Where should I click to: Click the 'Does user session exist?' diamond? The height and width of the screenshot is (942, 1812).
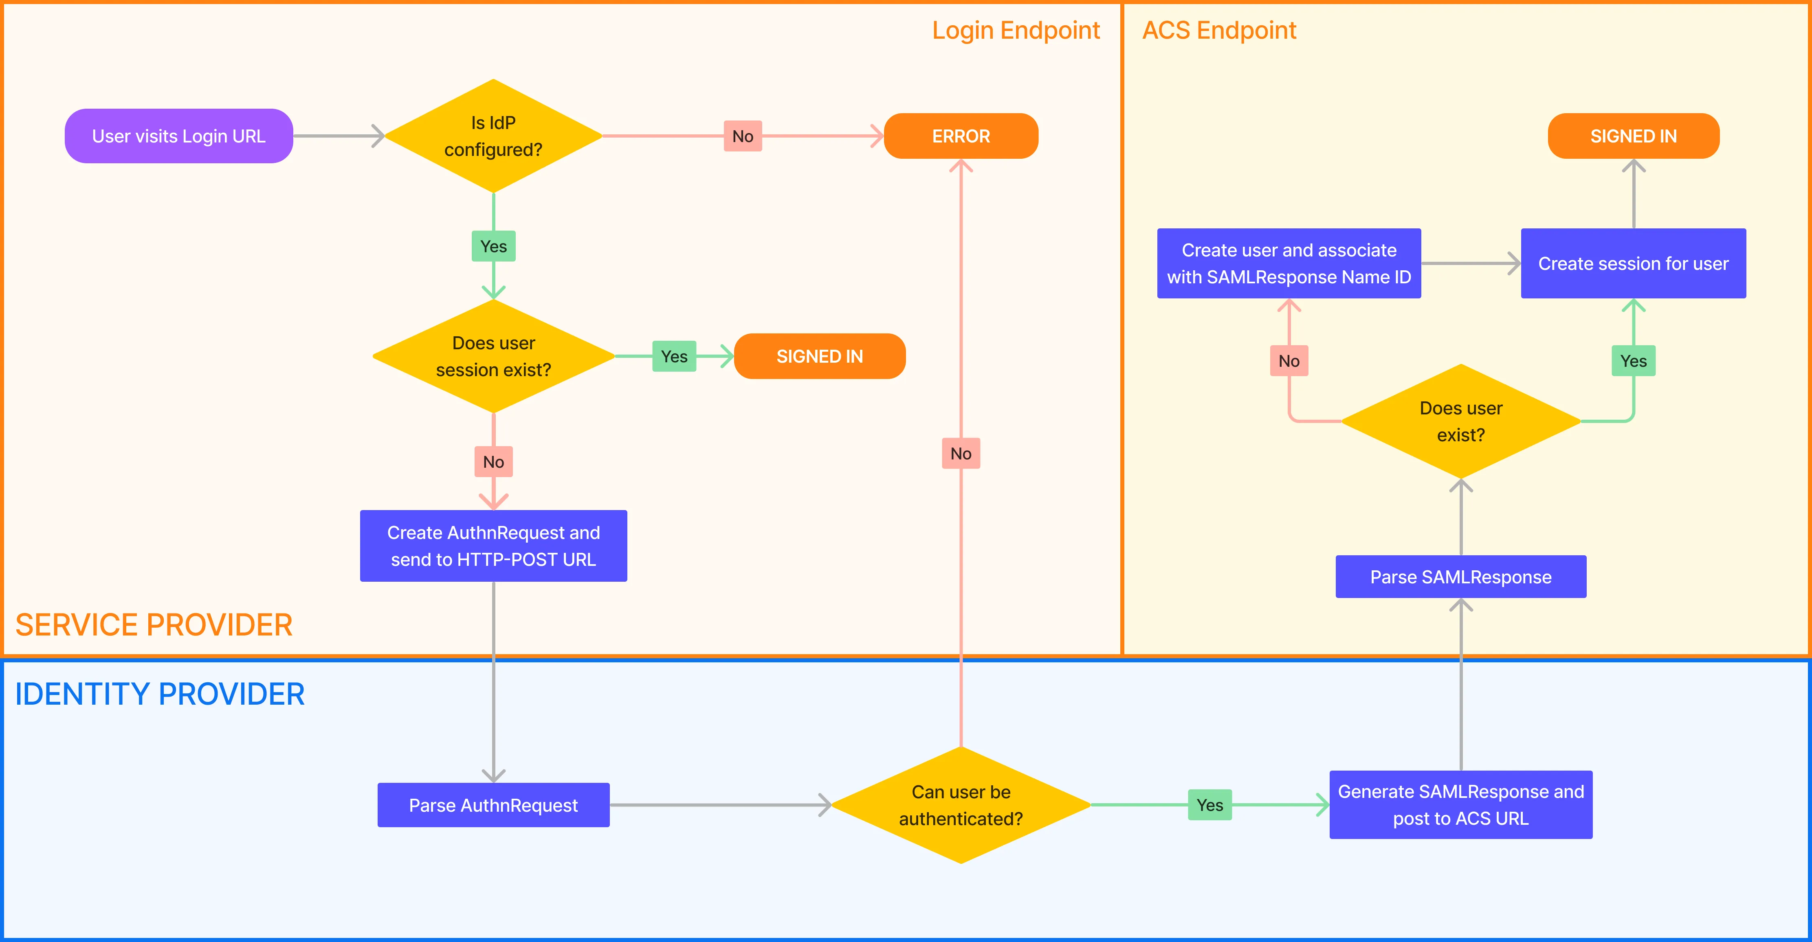coord(493,357)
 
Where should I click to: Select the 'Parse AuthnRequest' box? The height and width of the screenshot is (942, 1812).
coord(493,805)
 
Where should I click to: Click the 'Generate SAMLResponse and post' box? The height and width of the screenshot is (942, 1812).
coord(1460,805)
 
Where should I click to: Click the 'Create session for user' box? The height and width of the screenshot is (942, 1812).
coord(1633,264)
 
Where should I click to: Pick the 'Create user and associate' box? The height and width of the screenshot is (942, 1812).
coord(1289,264)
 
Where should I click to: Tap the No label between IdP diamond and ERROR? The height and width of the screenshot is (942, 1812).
coord(742,136)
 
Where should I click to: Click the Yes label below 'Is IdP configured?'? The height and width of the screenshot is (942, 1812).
coord(493,246)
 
